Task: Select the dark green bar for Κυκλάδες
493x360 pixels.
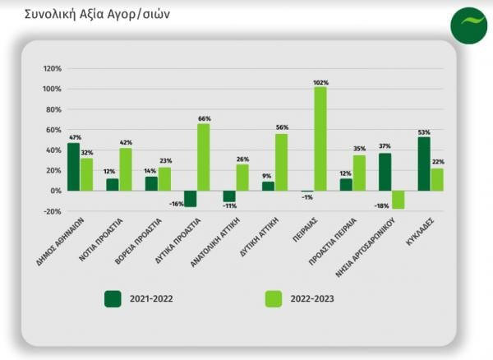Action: click(x=423, y=164)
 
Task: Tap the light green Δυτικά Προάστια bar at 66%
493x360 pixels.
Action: click(x=203, y=157)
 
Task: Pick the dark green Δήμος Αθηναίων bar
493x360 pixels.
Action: click(x=73, y=167)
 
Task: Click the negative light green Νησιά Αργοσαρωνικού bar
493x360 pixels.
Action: click(x=399, y=200)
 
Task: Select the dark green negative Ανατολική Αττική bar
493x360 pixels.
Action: click(x=229, y=196)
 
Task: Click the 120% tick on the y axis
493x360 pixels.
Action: click(x=52, y=68)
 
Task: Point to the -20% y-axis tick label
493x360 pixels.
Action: click(x=52, y=211)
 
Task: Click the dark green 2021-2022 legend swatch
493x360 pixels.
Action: click(x=113, y=298)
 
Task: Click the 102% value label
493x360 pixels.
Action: click(x=320, y=82)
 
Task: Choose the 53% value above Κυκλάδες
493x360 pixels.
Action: click(x=423, y=132)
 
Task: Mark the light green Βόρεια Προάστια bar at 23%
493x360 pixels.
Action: click(x=164, y=179)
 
